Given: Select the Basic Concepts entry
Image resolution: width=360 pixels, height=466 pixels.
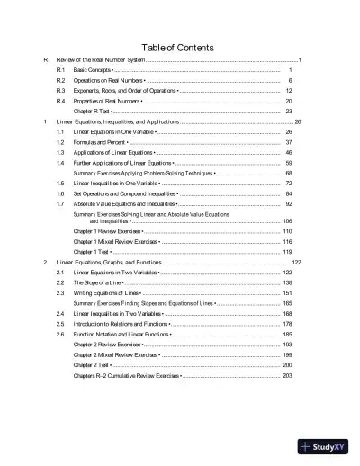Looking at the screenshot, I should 94,69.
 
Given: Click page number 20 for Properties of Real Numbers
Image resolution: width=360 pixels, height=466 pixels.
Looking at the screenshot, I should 288,102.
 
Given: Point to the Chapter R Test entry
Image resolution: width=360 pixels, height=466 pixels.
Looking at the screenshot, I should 93,112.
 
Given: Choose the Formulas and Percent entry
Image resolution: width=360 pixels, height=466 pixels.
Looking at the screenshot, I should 101,142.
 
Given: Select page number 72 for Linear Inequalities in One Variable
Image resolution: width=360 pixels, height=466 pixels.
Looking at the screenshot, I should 288,183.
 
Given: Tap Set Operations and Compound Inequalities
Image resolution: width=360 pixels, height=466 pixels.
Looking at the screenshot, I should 126,193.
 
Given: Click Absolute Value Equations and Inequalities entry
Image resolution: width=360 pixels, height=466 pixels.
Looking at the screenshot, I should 124,204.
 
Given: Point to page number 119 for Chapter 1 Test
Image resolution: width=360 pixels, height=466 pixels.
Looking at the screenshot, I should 287,252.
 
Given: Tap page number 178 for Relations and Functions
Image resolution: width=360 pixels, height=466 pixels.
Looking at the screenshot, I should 287,324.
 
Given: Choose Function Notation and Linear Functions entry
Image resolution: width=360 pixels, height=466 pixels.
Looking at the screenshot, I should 122,334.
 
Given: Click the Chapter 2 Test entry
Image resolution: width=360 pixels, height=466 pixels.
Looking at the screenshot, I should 92,365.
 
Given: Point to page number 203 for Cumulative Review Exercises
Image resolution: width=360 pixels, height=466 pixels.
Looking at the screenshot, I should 287,375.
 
